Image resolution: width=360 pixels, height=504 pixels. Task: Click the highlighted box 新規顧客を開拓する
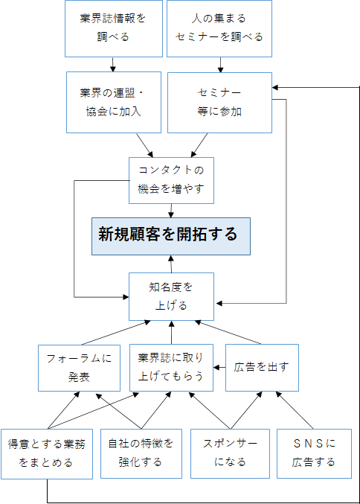171,236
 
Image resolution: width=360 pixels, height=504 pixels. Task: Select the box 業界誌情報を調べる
114,28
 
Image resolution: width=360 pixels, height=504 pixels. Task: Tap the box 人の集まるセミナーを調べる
219,28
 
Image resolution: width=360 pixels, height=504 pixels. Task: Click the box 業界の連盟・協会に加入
114,102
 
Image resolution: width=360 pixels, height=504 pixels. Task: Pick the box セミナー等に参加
219,103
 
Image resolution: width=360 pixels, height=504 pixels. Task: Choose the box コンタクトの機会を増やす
172,180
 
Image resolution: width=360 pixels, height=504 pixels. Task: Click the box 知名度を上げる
172,297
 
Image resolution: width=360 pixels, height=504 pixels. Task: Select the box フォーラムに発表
80,368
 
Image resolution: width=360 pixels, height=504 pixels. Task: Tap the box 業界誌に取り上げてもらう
172,368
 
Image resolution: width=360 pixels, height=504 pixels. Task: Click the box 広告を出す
262,368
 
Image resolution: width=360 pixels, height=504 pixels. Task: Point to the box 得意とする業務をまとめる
47,454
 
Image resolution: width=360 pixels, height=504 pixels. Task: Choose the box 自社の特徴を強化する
141,453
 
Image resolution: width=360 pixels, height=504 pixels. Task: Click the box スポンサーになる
231,453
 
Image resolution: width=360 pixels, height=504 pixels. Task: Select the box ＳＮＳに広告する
315,453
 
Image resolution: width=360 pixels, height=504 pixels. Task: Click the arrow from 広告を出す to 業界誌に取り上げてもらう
219,368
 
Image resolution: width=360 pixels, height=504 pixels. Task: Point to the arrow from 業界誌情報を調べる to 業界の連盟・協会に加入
113,65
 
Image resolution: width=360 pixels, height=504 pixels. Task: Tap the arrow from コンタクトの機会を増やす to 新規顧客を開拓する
171,211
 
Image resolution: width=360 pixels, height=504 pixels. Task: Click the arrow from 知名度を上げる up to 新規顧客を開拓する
171,264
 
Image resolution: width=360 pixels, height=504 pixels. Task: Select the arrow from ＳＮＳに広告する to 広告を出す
295,410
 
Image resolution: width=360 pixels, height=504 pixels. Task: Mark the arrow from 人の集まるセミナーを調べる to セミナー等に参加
220,65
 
